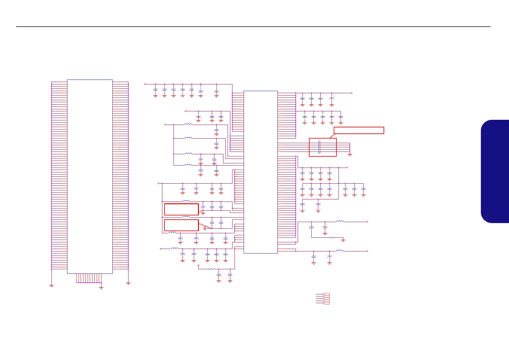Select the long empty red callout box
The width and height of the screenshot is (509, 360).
click(359, 130)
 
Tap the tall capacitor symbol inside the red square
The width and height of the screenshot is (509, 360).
click(319, 147)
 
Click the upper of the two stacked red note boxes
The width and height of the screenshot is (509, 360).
click(181, 209)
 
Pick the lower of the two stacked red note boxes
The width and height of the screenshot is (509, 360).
click(181, 225)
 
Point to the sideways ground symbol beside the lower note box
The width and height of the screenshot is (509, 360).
click(205, 228)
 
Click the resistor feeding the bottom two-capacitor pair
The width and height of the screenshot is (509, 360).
click(211, 269)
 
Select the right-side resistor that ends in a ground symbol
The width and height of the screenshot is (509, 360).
click(332, 237)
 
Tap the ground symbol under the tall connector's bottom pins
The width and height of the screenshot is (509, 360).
click(101, 288)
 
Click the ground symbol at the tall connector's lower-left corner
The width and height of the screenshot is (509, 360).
click(51, 285)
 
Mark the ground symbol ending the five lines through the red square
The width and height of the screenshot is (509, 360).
click(350, 155)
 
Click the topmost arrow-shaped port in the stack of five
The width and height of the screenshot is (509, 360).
click(326, 294)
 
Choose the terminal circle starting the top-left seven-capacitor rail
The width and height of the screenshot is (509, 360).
click(145, 84)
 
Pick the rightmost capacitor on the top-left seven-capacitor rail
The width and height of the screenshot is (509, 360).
click(216, 91)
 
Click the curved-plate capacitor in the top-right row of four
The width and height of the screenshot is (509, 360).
click(332, 99)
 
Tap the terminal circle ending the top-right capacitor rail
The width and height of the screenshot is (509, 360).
click(351, 93)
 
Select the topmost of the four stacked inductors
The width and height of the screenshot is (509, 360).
click(188, 124)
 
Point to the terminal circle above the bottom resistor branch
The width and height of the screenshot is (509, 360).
click(198, 265)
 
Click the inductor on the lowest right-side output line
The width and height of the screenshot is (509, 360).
click(340, 251)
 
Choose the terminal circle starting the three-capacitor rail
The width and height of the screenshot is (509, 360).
click(186, 111)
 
